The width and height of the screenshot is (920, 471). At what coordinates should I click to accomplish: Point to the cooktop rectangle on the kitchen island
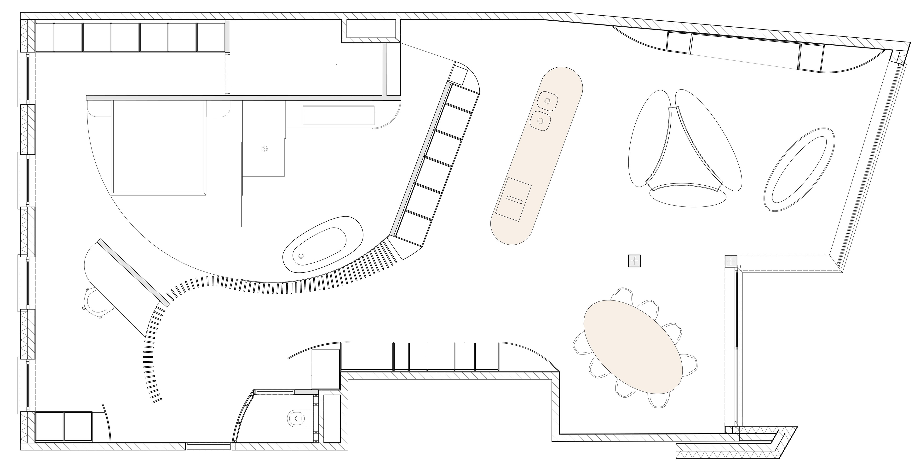(514, 199)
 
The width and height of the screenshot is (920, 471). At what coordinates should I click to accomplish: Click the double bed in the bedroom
(159, 147)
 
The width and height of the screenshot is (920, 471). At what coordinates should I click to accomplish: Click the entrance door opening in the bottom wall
(209, 446)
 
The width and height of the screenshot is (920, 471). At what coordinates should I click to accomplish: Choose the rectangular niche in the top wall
(371, 29)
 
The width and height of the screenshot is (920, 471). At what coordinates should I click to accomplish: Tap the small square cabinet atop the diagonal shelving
(459, 75)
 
